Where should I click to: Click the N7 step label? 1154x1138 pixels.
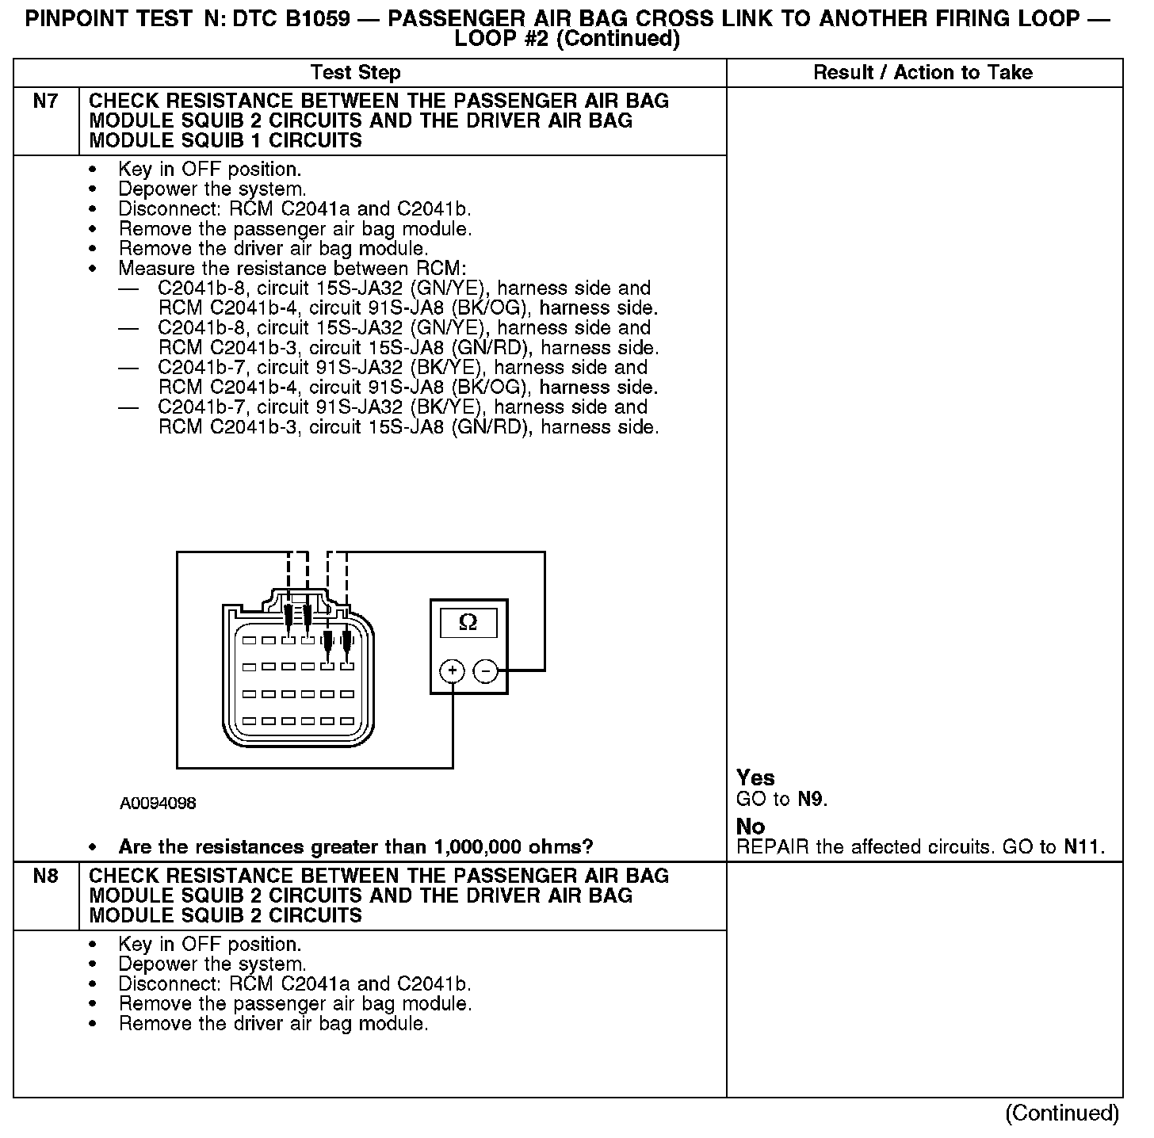45,101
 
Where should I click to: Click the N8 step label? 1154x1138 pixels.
45,876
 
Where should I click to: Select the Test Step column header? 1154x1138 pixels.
356,73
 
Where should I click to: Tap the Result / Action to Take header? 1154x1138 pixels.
923,73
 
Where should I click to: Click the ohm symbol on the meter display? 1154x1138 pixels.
468,623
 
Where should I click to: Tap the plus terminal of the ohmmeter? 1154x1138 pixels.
452,672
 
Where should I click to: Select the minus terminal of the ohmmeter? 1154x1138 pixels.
485,672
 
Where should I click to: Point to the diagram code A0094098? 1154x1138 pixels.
158,804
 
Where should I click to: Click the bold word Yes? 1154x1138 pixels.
755,777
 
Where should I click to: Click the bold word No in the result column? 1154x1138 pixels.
751,827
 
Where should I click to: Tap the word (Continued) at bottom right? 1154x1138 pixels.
1062,1113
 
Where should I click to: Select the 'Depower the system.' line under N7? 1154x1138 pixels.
212,189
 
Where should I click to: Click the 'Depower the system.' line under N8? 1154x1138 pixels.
212,964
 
